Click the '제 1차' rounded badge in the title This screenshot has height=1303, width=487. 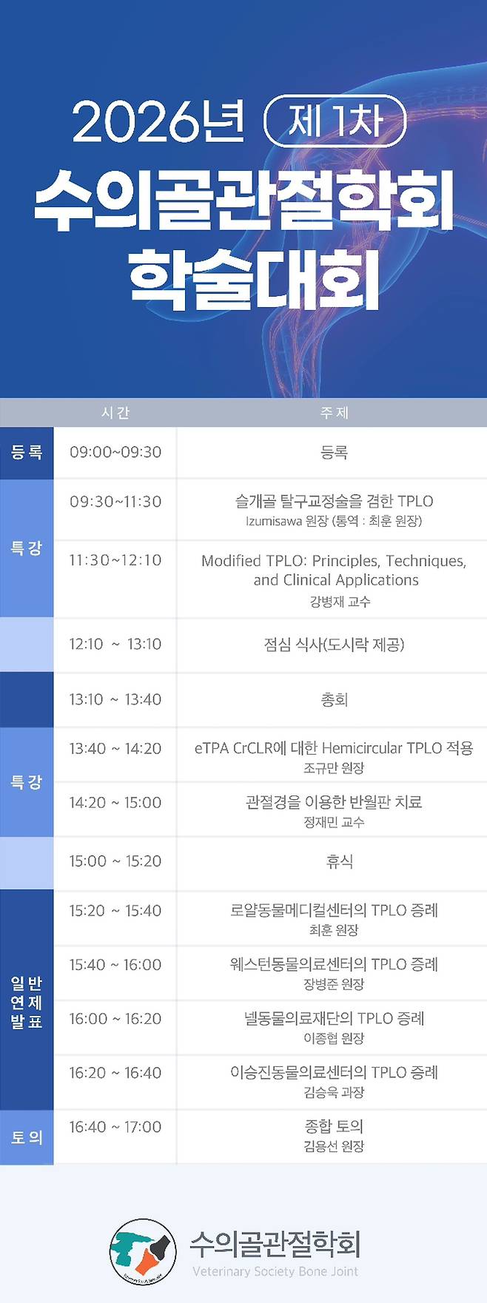[x=335, y=121]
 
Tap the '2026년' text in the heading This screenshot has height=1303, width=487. [x=158, y=121]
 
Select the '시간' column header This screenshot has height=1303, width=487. [x=115, y=413]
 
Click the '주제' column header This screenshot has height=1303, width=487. [x=334, y=413]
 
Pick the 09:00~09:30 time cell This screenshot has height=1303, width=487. [x=115, y=452]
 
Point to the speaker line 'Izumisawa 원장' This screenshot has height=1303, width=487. [x=333, y=521]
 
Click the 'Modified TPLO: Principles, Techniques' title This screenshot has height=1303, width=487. [x=334, y=561]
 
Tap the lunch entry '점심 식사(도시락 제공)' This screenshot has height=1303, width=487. [x=334, y=644]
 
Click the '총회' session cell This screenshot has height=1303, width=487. [x=334, y=699]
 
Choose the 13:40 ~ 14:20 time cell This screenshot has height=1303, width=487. [x=115, y=748]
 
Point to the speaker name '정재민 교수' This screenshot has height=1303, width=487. [x=334, y=822]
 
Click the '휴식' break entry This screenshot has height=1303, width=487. [x=339, y=861]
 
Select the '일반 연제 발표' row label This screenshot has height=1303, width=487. [x=27, y=1003]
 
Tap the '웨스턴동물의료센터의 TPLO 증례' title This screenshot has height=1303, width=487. [x=334, y=964]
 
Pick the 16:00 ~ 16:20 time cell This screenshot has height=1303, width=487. [x=115, y=1019]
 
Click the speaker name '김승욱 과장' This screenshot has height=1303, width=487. [x=334, y=1092]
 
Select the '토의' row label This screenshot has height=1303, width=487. [x=27, y=1137]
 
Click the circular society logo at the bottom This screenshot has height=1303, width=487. [x=142, y=1251]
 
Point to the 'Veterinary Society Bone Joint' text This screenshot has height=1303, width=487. [x=275, y=1271]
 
